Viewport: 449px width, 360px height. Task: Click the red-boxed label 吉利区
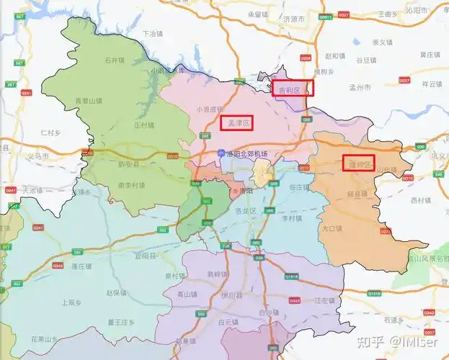point(293,89)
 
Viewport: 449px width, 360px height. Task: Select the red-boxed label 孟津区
point(237,123)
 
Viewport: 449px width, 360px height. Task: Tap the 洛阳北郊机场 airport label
point(246,155)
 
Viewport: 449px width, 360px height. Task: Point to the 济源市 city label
point(294,19)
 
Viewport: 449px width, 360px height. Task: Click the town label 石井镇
point(115,60)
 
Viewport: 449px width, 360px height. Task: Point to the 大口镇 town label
point(332,228)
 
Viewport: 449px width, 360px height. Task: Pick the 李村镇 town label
point(291,217)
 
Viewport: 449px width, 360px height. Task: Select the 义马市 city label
point(37,156)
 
